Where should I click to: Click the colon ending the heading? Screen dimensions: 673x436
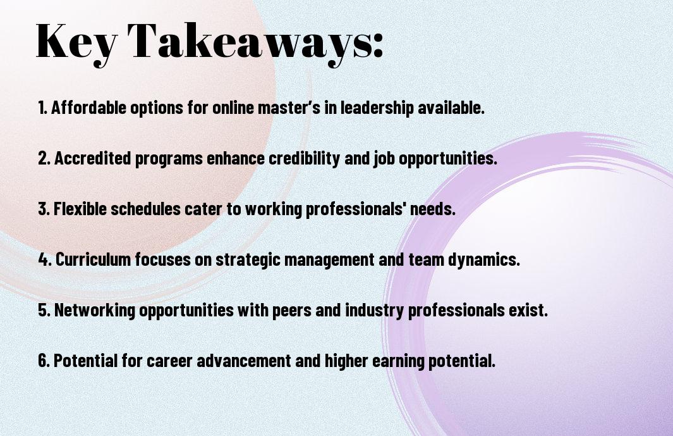coord(378,44)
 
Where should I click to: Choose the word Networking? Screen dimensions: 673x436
coord(94,310)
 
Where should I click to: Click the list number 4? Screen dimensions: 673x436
coord(45,259)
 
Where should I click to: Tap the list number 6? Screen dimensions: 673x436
coord(44,361)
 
